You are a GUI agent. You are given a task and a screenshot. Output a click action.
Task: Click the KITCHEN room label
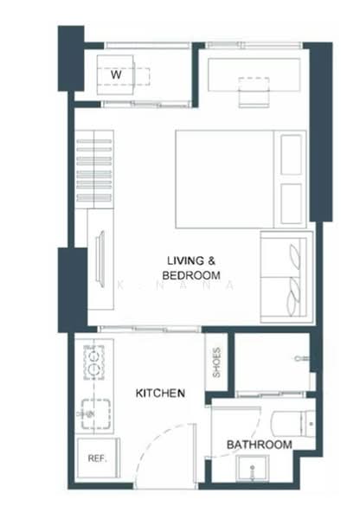tap(160, 394)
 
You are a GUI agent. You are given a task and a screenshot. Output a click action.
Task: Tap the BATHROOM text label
tap(259, 445)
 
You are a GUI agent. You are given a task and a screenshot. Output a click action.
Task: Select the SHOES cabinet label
tap(216, 363)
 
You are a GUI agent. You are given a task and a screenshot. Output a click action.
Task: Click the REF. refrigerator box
tap(96, 459)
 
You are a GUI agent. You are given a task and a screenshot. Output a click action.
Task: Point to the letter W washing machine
tap(115, 75)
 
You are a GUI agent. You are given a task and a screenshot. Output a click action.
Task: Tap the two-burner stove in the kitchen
tap(93, 362)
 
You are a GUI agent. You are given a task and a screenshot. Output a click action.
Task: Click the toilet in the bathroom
tap(288, 422)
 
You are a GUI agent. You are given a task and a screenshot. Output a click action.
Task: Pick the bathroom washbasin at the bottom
tap(254, 470)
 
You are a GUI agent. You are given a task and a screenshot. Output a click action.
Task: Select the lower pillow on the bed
tap(292, 204)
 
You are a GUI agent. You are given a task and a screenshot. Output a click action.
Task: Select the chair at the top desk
tap(254, 91)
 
